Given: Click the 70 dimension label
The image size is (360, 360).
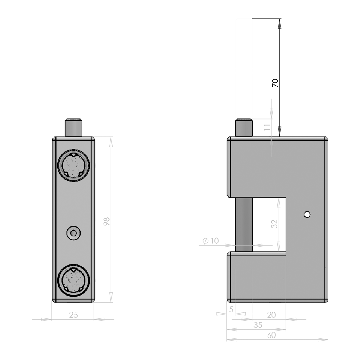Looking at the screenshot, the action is click(275, 82).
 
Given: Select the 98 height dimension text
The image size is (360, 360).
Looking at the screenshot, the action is click(106, 222).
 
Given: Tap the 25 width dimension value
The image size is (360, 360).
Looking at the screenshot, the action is click(73, 315).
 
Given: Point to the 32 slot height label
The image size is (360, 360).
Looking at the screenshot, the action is click(274, 224).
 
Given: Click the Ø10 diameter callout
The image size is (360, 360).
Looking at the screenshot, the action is click(210, 241).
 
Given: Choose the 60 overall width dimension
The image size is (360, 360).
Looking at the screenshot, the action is click(271, 335).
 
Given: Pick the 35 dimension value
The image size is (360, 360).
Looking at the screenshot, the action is click(258, 325).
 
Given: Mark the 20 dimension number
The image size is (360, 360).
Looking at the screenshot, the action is click(271, 315).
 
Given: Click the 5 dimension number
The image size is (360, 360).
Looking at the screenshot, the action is click(231, 309).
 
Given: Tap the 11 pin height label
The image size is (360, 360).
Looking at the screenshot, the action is click(267, 127).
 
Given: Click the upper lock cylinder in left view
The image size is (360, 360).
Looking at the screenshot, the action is click(73, 165).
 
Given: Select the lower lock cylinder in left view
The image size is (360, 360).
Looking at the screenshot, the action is click(73, 280).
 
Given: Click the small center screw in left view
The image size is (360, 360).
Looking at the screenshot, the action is click(73, 233).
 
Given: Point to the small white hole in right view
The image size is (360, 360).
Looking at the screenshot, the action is click(307, 214).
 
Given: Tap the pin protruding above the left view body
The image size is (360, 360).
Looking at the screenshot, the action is click(73, 127).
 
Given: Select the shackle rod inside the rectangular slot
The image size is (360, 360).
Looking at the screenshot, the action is click(244, 224).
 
